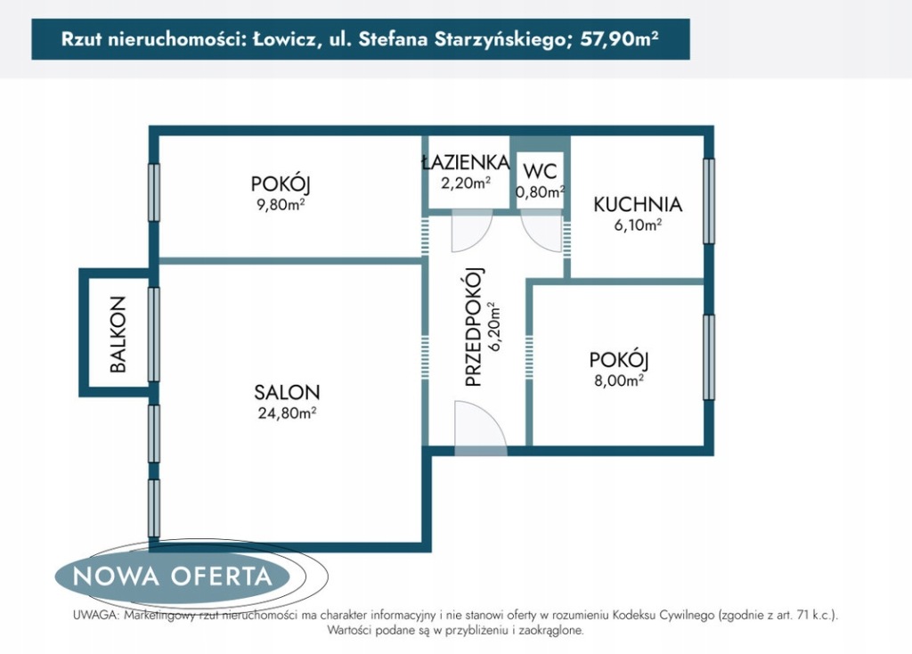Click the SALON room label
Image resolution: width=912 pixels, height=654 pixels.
(287, 392)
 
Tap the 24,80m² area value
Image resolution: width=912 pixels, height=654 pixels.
(287, 413)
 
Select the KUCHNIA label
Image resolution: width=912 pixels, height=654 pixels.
(638, 204)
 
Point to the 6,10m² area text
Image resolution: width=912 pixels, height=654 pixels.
(638, 225)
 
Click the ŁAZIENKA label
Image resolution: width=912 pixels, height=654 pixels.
(465, 162)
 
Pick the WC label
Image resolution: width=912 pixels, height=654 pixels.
(541, 171)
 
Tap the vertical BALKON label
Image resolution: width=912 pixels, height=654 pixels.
(118, 334)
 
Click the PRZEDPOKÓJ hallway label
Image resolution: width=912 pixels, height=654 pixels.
(475, 328)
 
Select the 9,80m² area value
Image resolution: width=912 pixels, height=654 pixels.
(281, 205)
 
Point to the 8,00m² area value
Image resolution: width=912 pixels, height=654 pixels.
(619, 380)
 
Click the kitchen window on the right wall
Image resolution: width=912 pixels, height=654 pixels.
(708, 200)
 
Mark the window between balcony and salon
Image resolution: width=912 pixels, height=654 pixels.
(153, 334)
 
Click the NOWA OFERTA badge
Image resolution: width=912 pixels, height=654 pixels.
(173, 576)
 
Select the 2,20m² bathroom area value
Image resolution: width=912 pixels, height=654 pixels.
(465, 183)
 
